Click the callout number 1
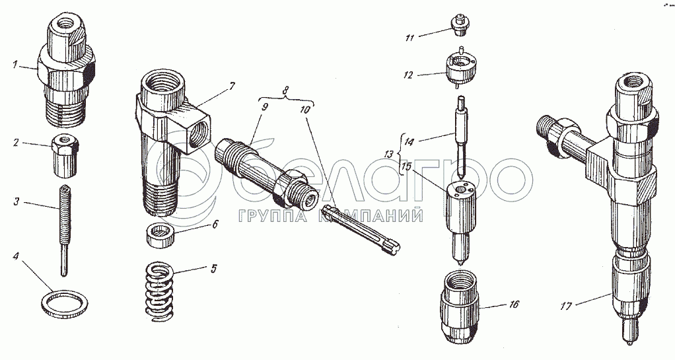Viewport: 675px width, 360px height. click(x=15, y=65)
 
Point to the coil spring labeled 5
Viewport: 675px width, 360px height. click(x=159, y=292)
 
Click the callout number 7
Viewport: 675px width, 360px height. click(x=232, y=87)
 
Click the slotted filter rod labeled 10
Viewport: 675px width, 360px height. click(x=363, y=231)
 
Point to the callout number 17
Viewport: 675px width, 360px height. click(x=565, y=306)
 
